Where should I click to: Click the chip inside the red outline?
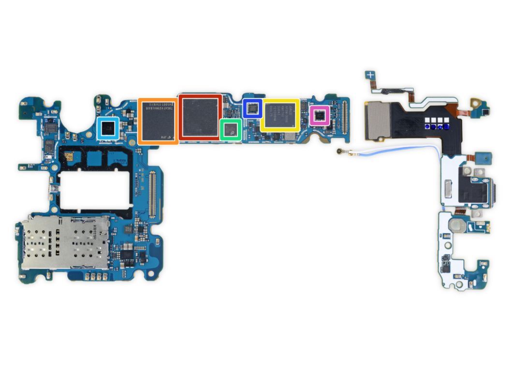click(200, 118)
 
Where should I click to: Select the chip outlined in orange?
click(157, 121)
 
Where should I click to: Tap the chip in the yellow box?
click(279, 115)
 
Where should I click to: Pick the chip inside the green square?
click(231, 129)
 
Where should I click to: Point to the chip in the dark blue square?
click(252, 108)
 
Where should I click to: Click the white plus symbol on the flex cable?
click(370, 75)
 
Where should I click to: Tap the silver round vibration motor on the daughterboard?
click(457, 226)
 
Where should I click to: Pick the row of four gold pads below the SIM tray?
click(95, 277)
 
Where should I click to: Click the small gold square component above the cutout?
click(69, 157)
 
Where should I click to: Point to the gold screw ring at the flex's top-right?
click(476, 103)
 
